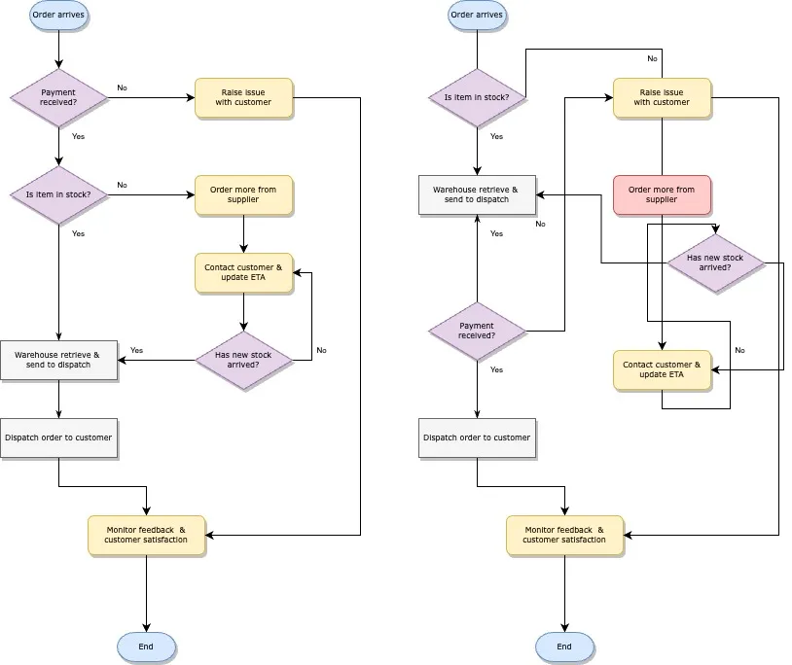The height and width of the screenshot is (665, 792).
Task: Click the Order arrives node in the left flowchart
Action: (x=58, y=16)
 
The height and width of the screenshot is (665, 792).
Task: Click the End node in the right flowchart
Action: (x=564, y=647)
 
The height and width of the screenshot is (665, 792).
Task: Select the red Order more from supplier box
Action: (x=662, y=194)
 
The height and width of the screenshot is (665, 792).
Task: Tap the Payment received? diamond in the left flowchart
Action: (x=58, y=97)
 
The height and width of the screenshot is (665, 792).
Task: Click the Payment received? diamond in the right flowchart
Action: (x=477, y=331)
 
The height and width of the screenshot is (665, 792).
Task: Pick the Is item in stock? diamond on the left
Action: (x=58, y=194)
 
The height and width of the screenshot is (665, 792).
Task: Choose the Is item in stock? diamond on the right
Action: (x=477, y=97)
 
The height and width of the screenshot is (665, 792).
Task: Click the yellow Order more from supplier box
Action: (x=243, y=194)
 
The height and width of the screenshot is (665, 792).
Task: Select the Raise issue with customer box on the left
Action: (x=243, y=97)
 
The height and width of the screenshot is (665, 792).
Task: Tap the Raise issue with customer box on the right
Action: (x=662, y=97)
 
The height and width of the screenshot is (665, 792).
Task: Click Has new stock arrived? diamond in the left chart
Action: (x=243, y=360)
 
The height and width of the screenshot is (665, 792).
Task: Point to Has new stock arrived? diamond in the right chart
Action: (x=715, y=262)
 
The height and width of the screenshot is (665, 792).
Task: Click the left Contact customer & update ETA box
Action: (x=243, y=272)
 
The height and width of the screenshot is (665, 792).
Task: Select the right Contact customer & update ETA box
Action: (x=662, y=370)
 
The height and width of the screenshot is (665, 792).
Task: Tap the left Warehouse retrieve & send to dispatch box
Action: (x=58, y=360)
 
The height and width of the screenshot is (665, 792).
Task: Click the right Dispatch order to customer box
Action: (x=477, y=437)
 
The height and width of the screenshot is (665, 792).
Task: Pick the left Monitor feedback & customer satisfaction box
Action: (x=146, y=535)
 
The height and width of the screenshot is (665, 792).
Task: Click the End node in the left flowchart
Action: (x=146, y=647)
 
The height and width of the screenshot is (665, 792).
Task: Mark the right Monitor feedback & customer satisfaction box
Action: (x=564, y=535)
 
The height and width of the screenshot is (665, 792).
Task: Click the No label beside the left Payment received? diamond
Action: (x=122, y=87)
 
